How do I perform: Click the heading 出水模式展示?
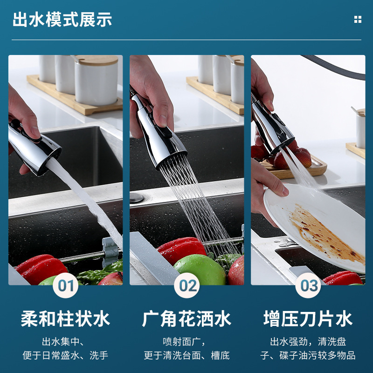tap(62, 20)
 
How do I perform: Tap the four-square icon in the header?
tap(358, 20)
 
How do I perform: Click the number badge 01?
tap(66, 285)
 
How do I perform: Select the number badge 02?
tap(187, 285)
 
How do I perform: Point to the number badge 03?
tap(308, 285)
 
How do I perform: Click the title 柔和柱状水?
tap(65, 319)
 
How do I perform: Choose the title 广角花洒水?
tap(186, 319)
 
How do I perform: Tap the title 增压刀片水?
tap(308, 319)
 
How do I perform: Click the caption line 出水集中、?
tap(65, 341)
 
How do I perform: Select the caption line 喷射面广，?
tap(186, 341)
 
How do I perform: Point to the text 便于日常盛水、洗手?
tap(65, 355)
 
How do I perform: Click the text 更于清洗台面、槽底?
tap(186, 355)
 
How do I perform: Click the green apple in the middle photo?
tap(200, 269)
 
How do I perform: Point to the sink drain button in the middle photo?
tap(136, 198)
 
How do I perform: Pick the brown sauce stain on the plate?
tap(322, 233)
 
